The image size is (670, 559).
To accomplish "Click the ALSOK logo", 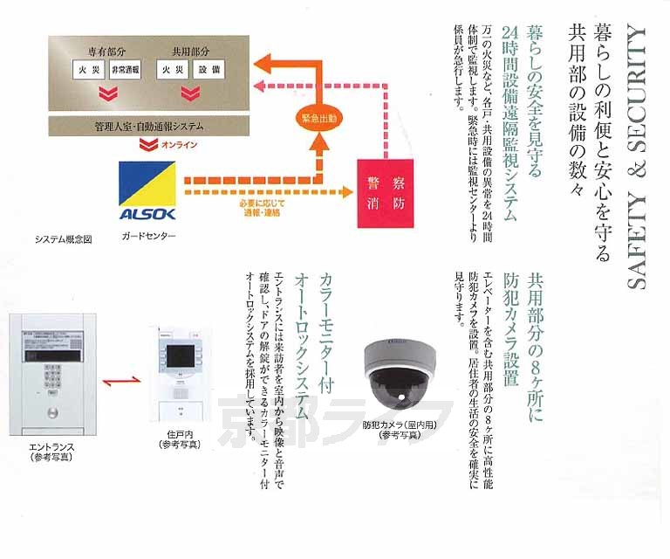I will tap(147, 191).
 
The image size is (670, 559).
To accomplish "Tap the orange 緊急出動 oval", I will tap(320, 117).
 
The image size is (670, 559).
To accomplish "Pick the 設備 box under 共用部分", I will tap(208, 68).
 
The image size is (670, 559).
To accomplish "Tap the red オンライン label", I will tap(180, 145).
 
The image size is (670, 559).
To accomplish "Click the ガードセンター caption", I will tap(149, 238).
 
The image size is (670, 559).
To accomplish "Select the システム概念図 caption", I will tap(64, 238).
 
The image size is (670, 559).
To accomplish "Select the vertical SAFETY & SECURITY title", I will tap(638, 157).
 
